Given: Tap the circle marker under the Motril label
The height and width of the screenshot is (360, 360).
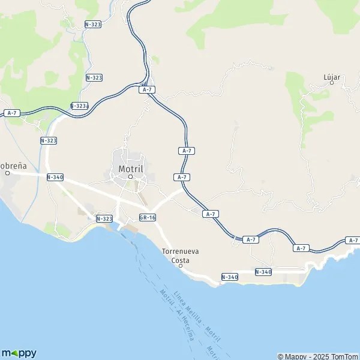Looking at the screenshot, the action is [x=130, y=176].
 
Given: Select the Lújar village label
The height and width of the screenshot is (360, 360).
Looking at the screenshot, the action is [x=332, y=77].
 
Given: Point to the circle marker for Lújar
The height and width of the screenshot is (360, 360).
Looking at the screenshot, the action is [x=332, y=86].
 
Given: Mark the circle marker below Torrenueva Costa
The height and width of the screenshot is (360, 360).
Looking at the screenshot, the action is [x=181, y=265].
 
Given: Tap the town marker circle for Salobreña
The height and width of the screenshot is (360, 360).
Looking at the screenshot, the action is [x=8, y=173].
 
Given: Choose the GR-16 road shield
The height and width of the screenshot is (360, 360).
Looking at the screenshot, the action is [x=147, y=217].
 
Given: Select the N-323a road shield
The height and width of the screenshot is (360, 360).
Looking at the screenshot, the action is [x=79, y=106].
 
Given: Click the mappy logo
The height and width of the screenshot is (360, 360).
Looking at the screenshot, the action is [x=19, y=353].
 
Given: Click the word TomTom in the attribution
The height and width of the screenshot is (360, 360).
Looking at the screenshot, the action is [x=345, y=356].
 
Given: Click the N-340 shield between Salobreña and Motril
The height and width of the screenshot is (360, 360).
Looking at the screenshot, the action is [x=55, y=177].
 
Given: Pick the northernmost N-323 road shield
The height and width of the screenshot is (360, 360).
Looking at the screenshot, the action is [x=93, y=25].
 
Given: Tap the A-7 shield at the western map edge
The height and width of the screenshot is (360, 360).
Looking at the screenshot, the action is [x=11, y=113].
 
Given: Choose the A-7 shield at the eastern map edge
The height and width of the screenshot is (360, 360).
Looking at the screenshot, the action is [x=353, y=240].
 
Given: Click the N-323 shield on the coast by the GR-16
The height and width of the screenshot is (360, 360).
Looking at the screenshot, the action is [x=104, y=219].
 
